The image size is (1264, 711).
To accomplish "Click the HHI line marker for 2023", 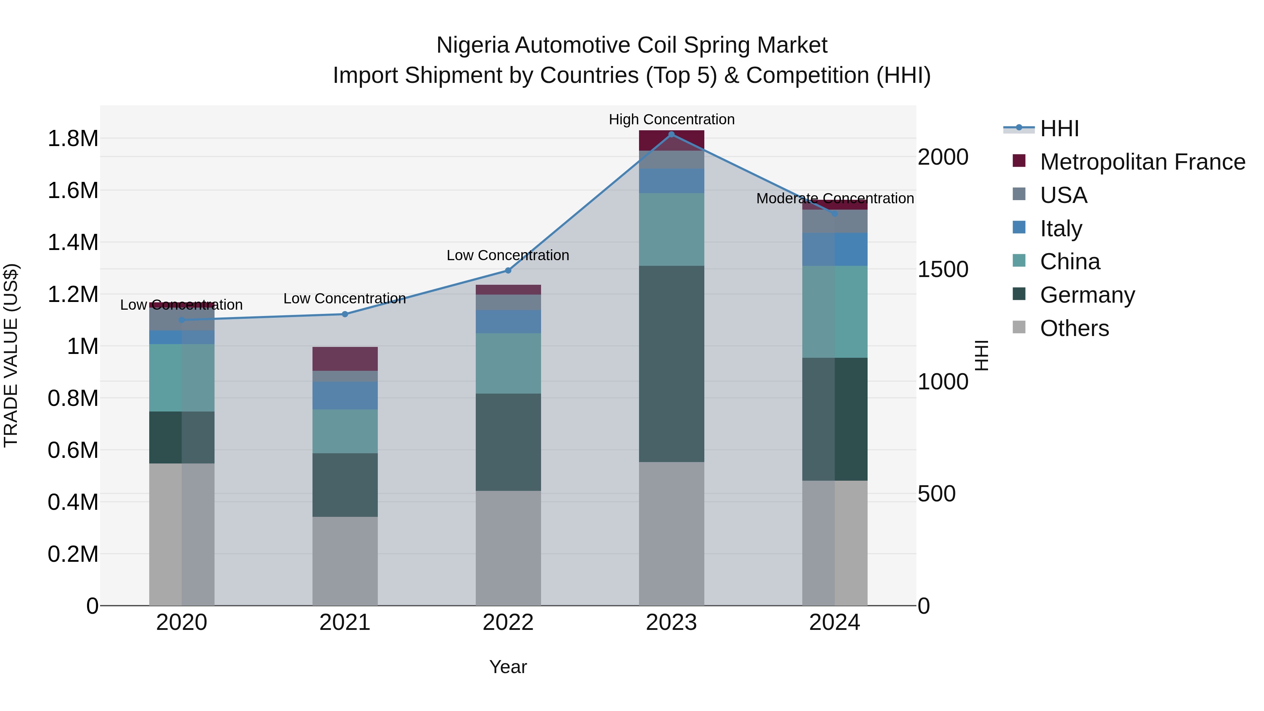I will click(671, 134).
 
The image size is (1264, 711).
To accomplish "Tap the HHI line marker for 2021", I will click(344, 314).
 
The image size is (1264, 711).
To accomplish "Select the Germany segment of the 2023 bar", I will click(671, 364).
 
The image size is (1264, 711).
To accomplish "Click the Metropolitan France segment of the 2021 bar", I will click(344, 359).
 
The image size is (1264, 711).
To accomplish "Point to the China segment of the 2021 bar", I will click(344, 431).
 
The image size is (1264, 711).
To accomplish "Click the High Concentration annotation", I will click(671, 119).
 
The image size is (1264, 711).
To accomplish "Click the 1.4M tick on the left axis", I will click(73, 242).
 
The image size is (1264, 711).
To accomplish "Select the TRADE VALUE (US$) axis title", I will click(11, 355).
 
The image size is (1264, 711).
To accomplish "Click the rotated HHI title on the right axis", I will click(981, 355).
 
